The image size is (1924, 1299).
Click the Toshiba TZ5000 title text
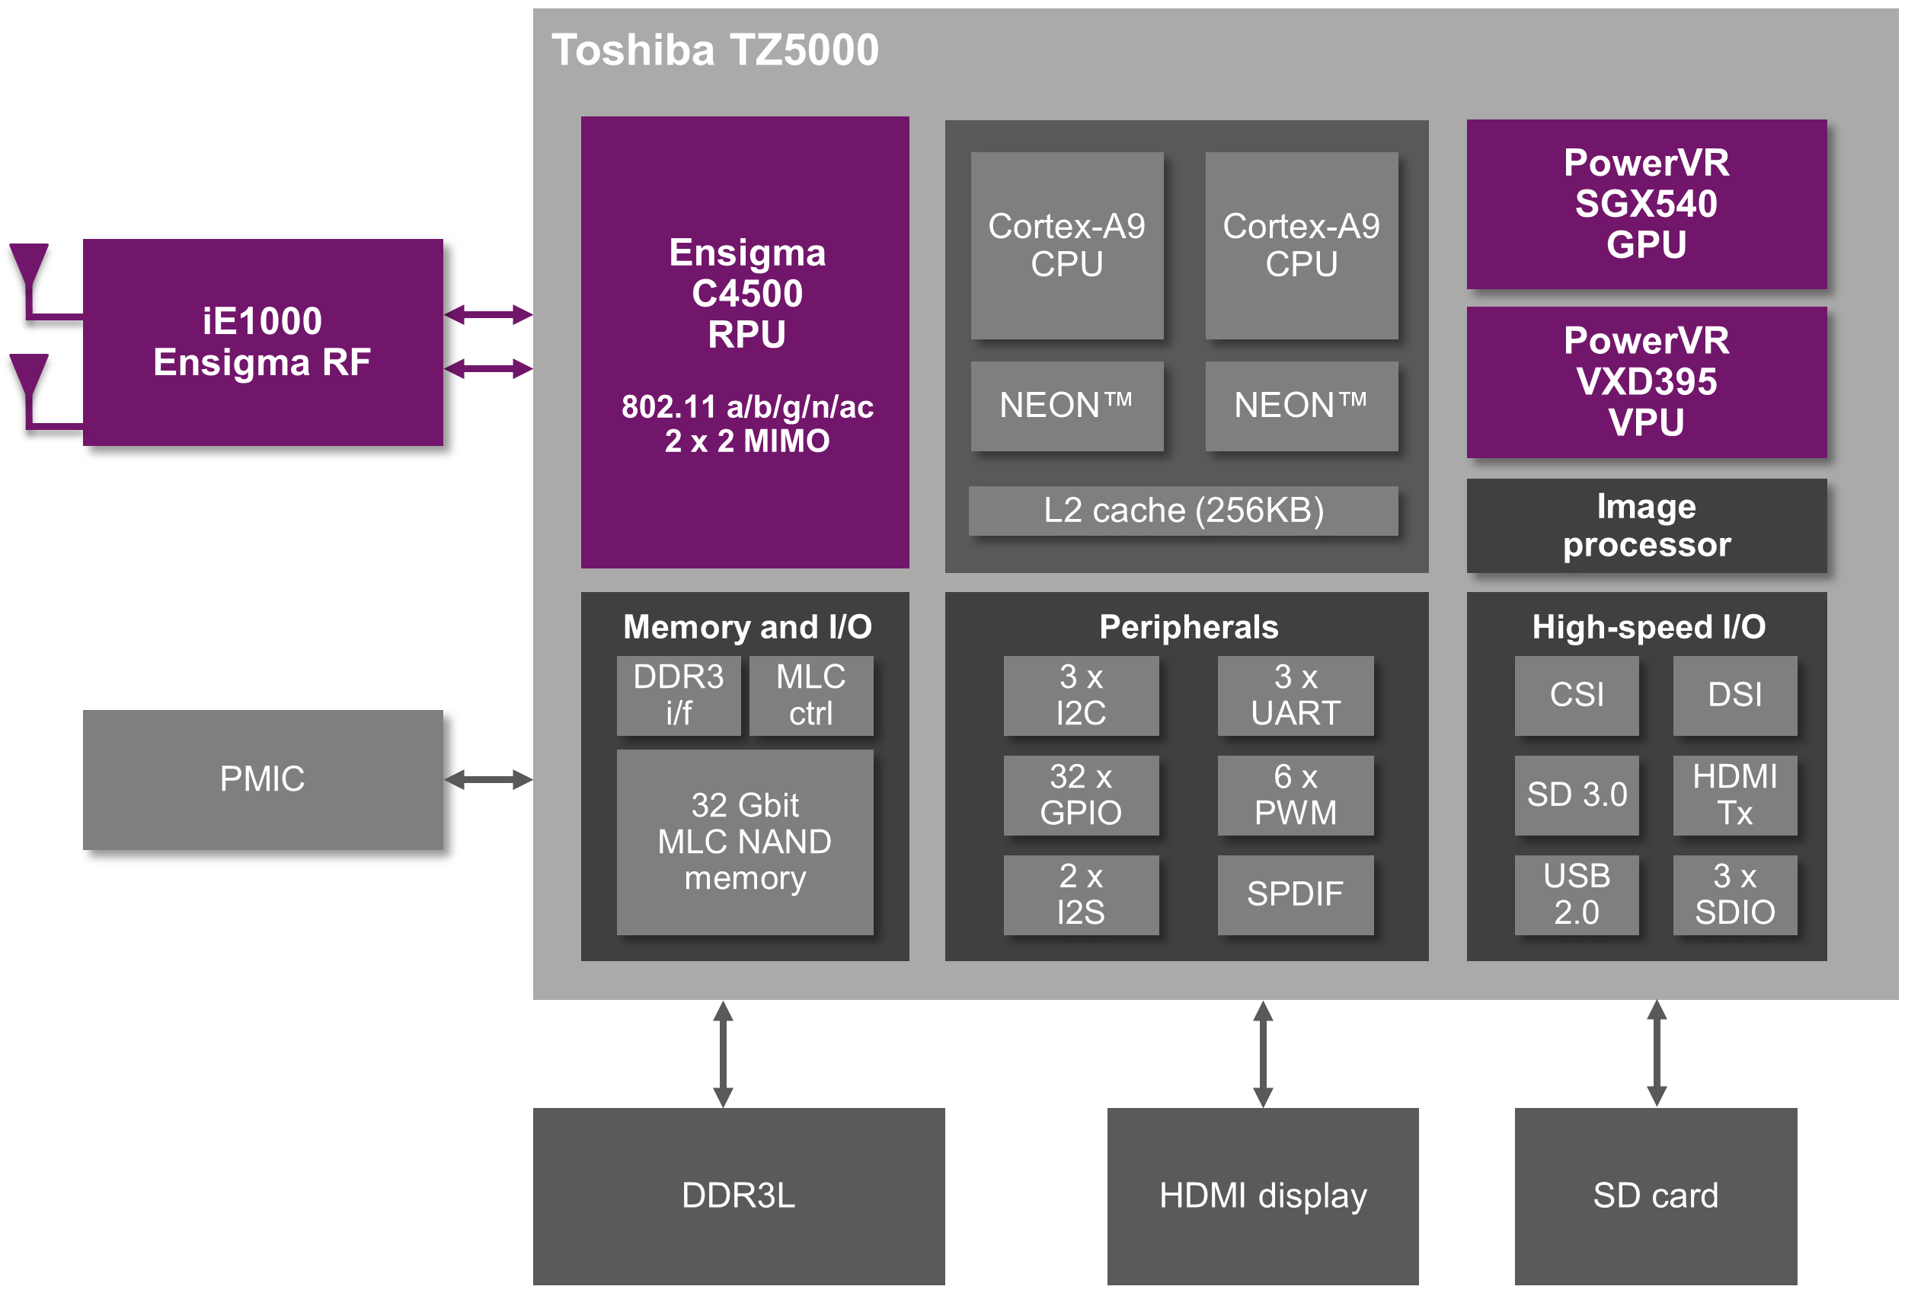coord(714,49)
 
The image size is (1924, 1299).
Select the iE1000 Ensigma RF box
coord(263,342)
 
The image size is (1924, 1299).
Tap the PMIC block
coord(263,778)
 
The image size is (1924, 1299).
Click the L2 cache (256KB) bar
coord(1183,511)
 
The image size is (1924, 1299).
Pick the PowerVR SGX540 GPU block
coord(1646,203)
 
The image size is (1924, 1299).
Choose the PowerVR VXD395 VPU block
coord(1646,381)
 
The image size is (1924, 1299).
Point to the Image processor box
coord(1646,525)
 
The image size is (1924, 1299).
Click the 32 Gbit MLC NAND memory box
coord(744,842)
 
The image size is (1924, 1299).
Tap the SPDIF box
coord(1295,894)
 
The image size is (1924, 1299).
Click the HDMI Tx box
coord(1734,794)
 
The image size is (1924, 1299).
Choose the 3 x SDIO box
coord(1734,894)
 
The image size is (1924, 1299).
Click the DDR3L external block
coord(739,1196)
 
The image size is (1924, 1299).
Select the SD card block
coord(1656,1196)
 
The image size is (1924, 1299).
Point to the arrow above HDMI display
coord(1263,1053)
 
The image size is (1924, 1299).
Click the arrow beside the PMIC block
coord(488,779)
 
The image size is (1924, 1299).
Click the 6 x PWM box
coord(1295,794)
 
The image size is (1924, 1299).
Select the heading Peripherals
coord(1188,627)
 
